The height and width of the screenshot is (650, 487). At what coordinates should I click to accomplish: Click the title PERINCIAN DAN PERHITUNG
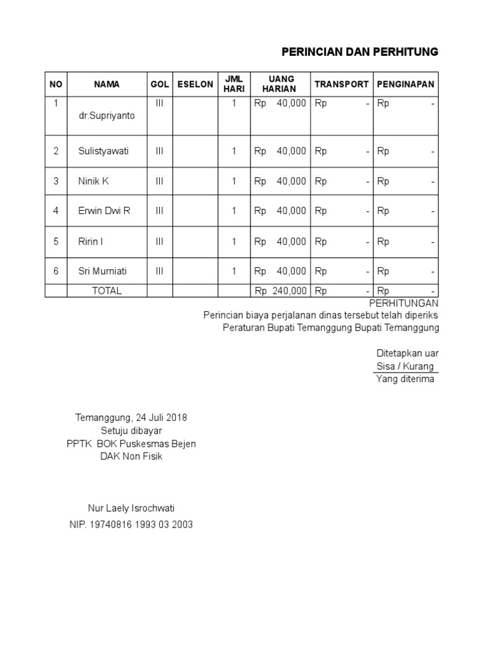[x=360, y=52]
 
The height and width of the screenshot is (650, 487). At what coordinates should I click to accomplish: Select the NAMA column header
[x=107, y=84]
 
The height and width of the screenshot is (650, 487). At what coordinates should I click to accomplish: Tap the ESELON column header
[x=195, y=84]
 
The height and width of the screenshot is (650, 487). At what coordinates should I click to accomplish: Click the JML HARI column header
[x=234, y=84]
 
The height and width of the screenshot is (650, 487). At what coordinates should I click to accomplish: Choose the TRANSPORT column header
[x=341, y=84]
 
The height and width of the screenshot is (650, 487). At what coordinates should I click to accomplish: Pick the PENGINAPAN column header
[x=406, y=84]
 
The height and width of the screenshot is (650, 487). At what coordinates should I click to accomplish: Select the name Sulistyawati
[x=103, y=151]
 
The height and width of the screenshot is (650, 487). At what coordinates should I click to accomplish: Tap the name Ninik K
[x=94, y=181]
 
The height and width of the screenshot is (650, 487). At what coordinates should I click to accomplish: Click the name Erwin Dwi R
[x=104, y=211]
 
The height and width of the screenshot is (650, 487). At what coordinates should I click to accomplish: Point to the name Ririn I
[x=91, y=241]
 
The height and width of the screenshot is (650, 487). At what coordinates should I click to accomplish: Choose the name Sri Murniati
[x=103, y=271]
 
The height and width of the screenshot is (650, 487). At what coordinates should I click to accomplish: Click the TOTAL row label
[x=107, y=291]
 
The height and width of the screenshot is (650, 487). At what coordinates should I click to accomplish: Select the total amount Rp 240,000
[x=280, y=291]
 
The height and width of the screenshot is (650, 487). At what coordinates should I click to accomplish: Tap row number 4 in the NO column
[x=56, y=211]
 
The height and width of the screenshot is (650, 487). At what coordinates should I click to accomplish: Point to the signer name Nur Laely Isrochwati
[x=131, y=508]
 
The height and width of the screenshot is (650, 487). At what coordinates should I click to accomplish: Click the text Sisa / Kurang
[x=405, y=366]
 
